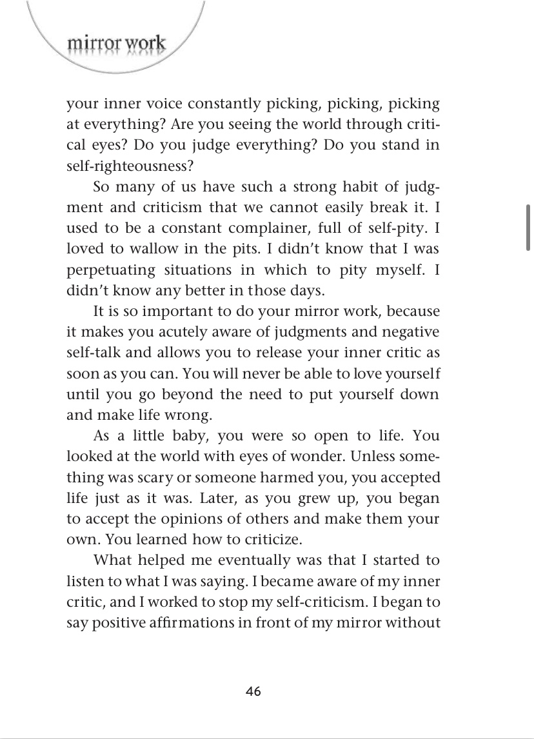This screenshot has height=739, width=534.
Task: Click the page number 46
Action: [x=253, y=691]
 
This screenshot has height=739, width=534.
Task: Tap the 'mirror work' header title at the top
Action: [x=116, y=44]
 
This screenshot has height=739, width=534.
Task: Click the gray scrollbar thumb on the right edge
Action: [x=528, y=227]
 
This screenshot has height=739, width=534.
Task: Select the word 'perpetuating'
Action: [x=110, y=270]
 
